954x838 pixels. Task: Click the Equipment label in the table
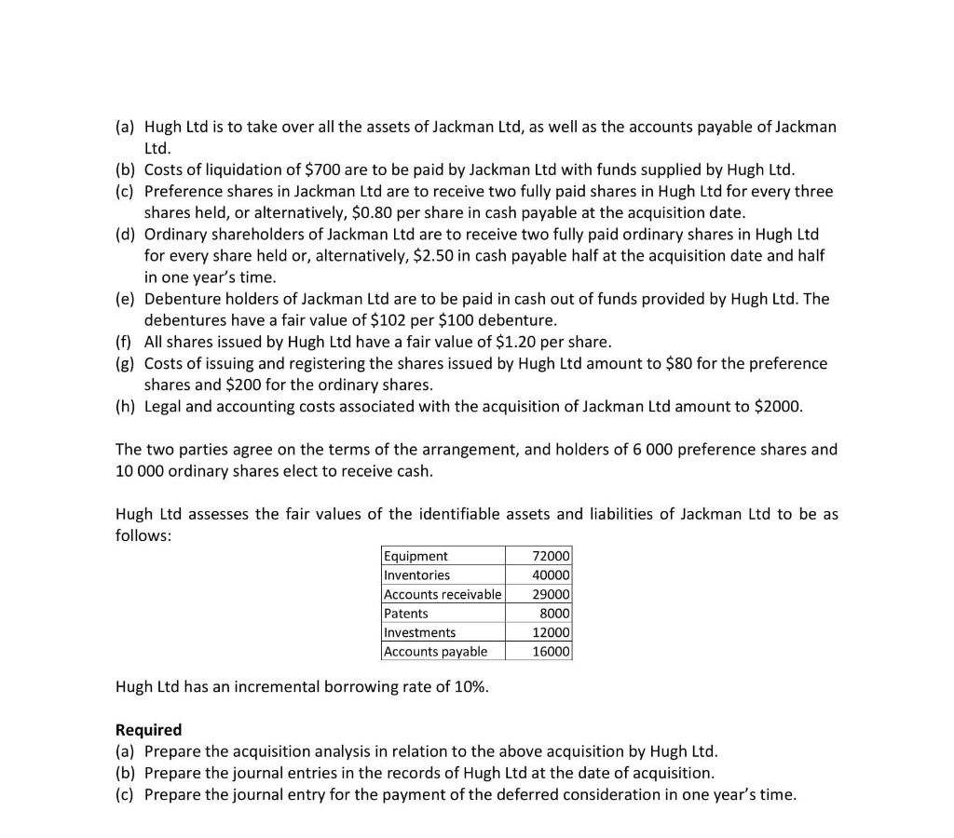pyautogui.click(x=416, y=556)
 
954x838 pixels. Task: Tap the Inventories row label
pyautogui.click(x=416, y=575)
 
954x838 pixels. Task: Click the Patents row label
pyautogui.click(x=406, y=614)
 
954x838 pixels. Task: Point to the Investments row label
pyautogui.click(x=420, y=632)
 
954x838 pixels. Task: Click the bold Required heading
pyautogui.click(x=148, y=730)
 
